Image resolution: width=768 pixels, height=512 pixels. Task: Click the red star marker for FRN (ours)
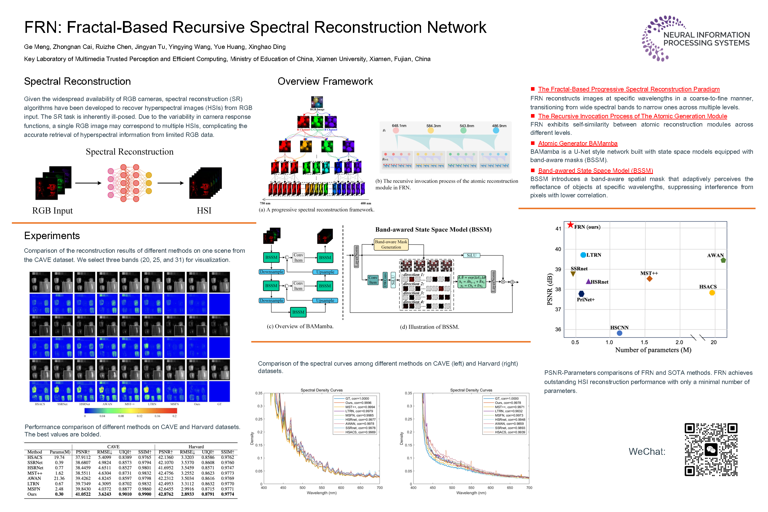pyautogui.click(x=570, y=225)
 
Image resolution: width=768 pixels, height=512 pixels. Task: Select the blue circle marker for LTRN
pyautogui.click(x=583, y=255)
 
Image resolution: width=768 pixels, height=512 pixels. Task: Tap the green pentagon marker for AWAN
pyautogui.click(x=723, y=260)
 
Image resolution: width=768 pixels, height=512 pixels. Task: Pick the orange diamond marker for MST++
pyautogui.click(x=649, y=279)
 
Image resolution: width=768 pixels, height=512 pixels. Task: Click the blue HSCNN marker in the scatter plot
pyautogui.click(x=620, y=333)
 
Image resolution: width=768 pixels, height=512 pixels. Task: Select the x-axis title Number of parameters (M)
pyautogui.click(x=653, y=350)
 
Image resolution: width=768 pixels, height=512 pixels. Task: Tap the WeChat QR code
pyautogui.click(x=711, y=450)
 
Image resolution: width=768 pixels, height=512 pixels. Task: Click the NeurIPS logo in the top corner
pyautogui.click(x=695, y=39)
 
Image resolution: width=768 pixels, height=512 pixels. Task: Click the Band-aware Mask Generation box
pyautogui.click(x=391, y=244)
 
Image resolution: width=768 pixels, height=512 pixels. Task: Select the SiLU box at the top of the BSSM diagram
pyautogui.click(x=471, y=255)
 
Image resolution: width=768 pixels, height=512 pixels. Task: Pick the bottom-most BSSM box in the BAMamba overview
pyautogui.click(x=298, y=312)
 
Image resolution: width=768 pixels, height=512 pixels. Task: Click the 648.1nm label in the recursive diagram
pyautogui.click(x=399, y=126)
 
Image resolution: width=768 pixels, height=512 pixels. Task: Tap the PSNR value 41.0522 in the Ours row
pyautogui.click(x=83, y=494)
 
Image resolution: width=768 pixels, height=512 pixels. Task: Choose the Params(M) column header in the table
pyautogui.click(x=60, y=452)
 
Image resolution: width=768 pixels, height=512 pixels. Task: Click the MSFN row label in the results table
pyautogui.click(x=34, y=489)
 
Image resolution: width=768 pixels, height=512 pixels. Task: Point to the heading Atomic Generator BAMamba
pyautogui.click(x=578, y=143)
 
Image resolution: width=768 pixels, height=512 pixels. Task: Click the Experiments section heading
pyautogui.click(x=52, y=236)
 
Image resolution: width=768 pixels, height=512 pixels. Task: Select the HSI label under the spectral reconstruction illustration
pyautogui.click(x=204, y=211)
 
